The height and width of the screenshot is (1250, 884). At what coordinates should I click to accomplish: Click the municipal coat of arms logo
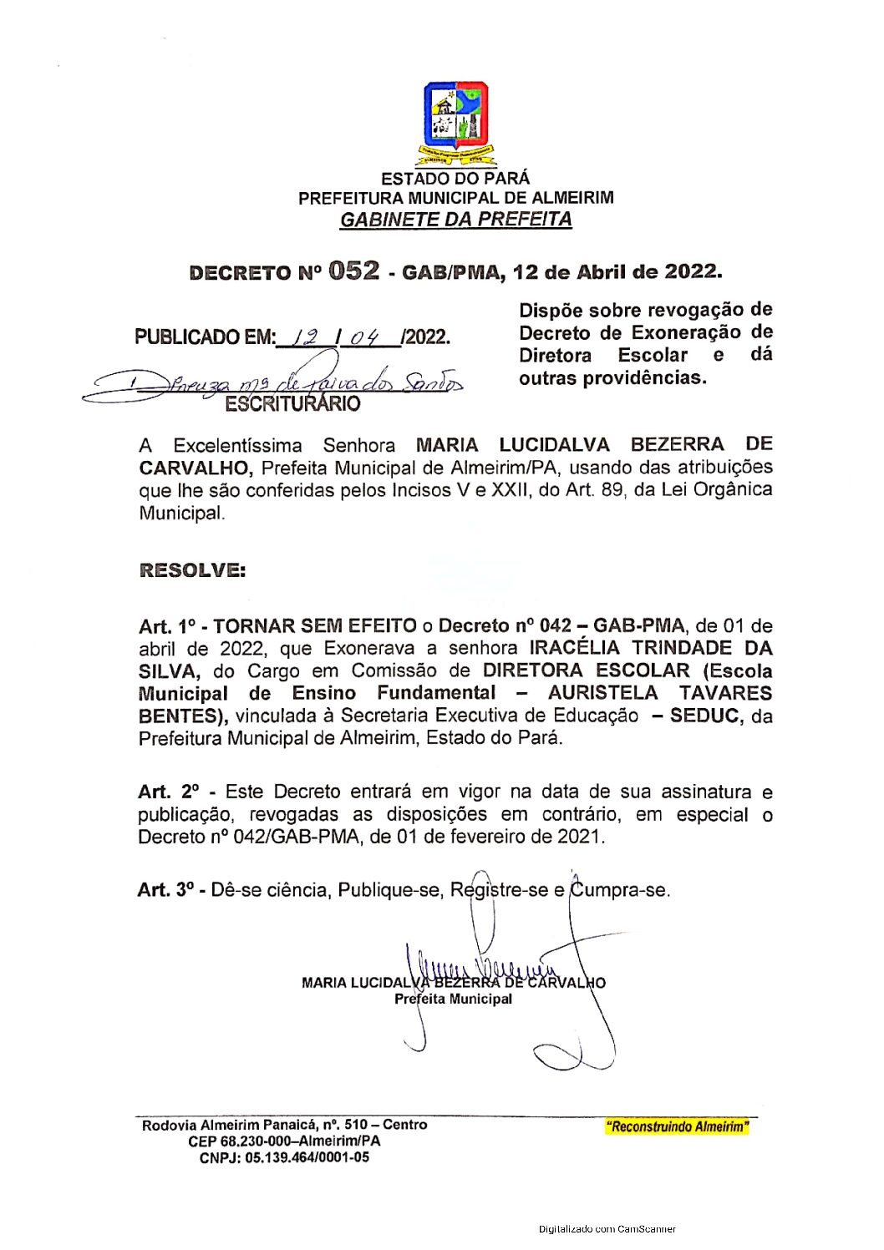(x=455, y=122)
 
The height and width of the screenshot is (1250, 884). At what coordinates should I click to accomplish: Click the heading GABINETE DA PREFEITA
(x=455, y=220)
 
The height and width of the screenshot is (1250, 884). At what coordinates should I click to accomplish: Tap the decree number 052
(x=353, y=271)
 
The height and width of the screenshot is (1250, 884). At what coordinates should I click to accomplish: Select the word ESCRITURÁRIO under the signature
(x=292, y=404)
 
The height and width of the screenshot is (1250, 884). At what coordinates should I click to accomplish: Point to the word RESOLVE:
(x=192, y=570)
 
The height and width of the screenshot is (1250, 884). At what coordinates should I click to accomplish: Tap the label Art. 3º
(x=166, y=890)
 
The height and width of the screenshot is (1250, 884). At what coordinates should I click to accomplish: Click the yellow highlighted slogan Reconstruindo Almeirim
(x=676, y=1127)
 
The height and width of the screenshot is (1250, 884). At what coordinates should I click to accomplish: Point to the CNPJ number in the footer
(x=284, y=1158)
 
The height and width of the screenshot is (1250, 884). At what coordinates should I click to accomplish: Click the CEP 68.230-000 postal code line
(x=284, y=1141)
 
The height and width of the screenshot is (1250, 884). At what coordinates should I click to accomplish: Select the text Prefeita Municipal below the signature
(x=453, y=999)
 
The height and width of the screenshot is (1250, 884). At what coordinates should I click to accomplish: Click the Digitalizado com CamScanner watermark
(x=607, y=1229)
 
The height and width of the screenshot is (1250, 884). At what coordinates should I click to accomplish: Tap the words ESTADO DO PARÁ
(x=455, y=179)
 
